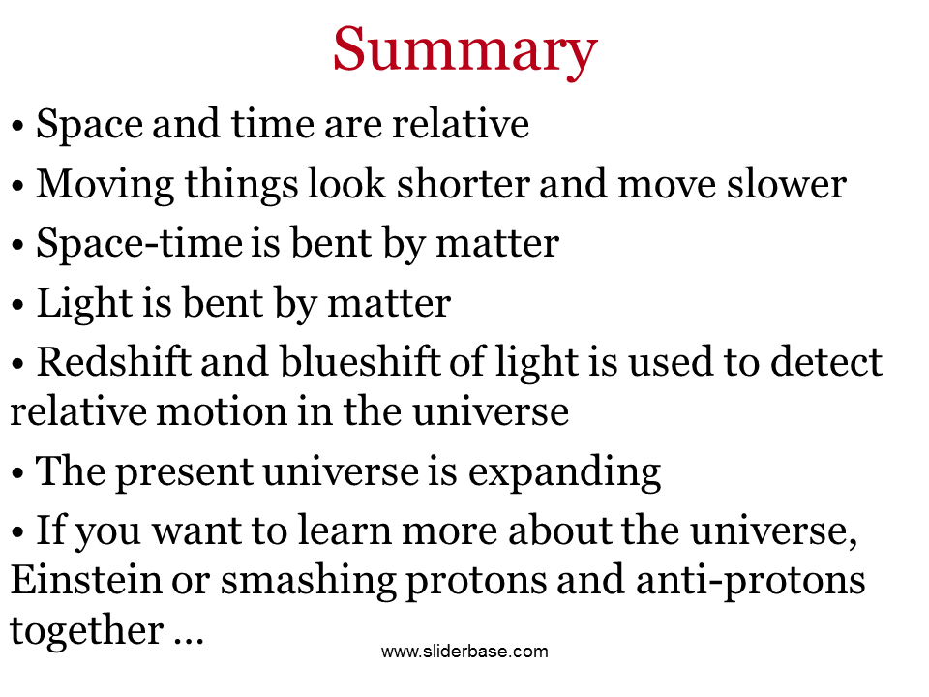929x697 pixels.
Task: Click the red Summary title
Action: tap(465, 51)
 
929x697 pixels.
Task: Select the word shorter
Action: tap(463, 184)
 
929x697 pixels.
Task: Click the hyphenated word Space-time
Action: tap(139, 244)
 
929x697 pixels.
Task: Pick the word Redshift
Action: tap(114, 361)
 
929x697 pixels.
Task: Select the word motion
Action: tap(222, 411)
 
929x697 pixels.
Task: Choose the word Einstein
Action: tap(86, 579)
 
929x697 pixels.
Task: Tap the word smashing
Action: tap(308, 581)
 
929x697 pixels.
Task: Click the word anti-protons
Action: tap(751, 581)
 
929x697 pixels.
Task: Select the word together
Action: tap(87, 630)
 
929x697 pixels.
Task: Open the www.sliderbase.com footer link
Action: tap(464, 652)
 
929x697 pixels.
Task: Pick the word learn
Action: tap(344, 530)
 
